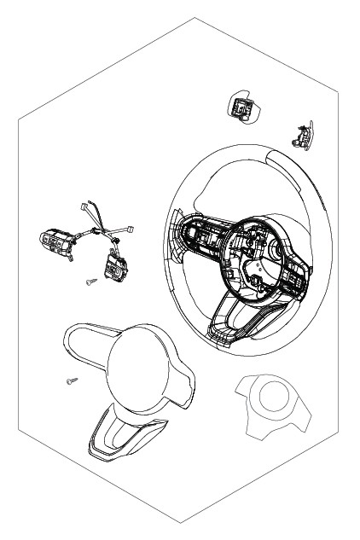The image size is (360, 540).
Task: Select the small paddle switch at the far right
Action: coord(301,132)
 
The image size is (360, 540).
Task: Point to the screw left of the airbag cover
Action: coord(69,381)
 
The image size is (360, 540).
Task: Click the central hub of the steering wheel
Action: coord(252,256)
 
